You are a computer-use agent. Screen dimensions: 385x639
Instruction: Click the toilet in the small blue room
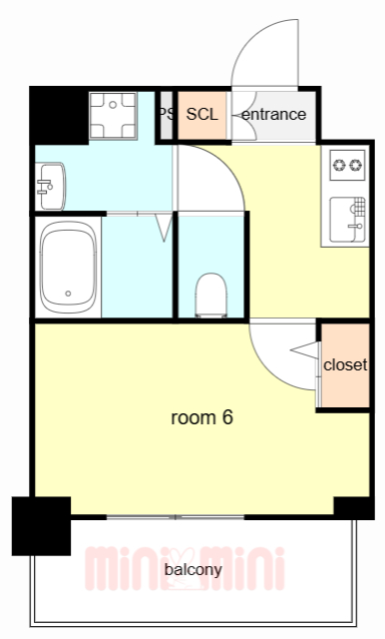210,296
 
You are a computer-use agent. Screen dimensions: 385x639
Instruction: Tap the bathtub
68,268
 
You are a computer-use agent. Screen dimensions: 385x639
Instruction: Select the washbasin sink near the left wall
51,187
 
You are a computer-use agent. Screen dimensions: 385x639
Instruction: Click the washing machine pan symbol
113,116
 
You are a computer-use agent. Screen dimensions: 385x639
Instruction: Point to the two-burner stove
347,165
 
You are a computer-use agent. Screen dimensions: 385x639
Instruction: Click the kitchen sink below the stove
347,220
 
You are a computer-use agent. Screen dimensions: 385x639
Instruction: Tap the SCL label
201,114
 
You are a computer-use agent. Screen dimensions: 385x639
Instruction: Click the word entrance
273,114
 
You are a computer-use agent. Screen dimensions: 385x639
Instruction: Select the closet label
345,364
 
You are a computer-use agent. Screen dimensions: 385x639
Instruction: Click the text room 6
201,417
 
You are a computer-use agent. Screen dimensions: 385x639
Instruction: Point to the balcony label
192,570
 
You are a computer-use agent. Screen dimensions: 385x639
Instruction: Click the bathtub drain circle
68,294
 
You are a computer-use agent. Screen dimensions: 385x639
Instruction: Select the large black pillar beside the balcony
41,526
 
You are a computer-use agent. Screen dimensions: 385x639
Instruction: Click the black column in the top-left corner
60,116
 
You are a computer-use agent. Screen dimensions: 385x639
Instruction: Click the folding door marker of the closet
305,350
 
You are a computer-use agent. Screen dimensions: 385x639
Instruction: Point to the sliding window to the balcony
176,517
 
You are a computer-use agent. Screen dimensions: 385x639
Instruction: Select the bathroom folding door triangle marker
165,228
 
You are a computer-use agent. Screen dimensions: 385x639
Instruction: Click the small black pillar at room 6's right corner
354,508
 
